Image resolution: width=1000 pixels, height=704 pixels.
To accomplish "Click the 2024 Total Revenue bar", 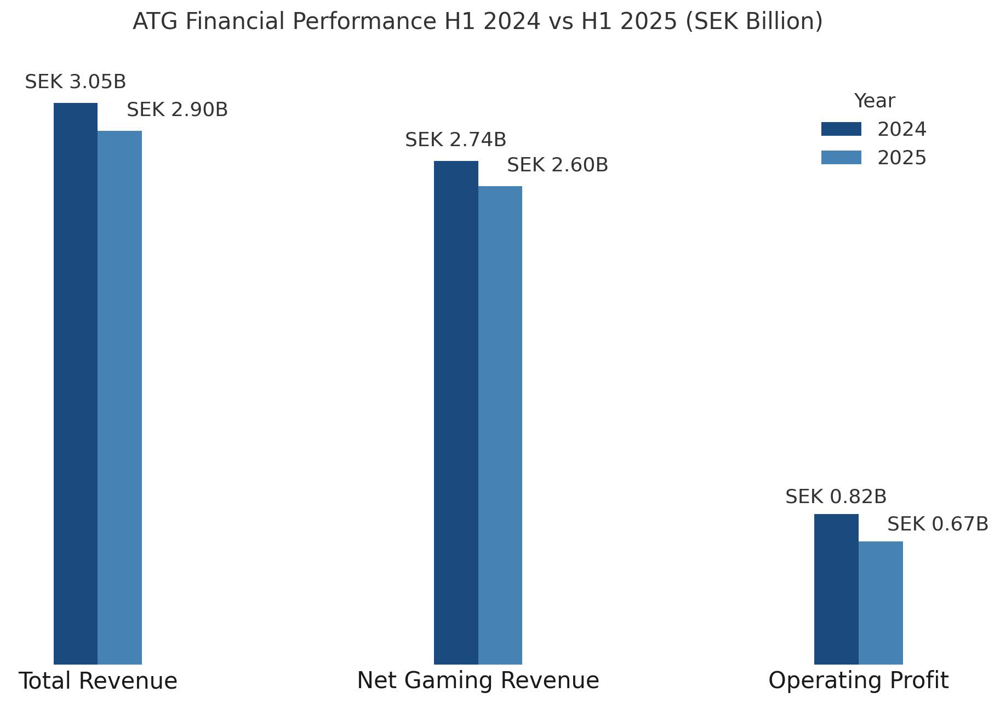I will (x=76, y=383).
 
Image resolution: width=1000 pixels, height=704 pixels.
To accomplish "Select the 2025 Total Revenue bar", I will (x=119, y=397).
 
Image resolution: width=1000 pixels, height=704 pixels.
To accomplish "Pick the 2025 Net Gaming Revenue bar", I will (x=500, y=425).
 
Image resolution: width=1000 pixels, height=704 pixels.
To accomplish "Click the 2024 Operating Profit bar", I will (x=836, y=589).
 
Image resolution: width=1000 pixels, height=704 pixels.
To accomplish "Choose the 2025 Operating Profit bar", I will (x=881, y=603).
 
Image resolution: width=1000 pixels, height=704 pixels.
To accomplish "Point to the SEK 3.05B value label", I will (x=76, y=82).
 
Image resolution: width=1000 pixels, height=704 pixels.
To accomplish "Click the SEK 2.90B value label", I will (x=178, y=110).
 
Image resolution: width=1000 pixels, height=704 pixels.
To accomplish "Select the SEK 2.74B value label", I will (x=456, y=140).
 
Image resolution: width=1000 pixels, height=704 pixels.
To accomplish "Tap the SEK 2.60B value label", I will (x=558, y=165).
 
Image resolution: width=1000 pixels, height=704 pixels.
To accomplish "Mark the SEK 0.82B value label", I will (x=836, y=497).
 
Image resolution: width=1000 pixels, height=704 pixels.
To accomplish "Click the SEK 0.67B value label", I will (x=938, y=524).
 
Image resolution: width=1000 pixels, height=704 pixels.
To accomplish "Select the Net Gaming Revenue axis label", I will (x=478, y=681).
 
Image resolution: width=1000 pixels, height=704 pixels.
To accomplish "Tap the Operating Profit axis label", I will (x=859, y=681).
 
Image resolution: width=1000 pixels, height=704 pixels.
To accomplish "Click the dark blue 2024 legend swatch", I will (x=841, y=129).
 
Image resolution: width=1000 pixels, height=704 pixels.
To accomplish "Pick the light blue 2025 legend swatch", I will (x=841, y=158).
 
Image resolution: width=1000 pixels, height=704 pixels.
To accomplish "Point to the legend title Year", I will (x=875, y=101).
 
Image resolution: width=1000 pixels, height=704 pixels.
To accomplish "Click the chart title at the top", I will (x=478, y=22).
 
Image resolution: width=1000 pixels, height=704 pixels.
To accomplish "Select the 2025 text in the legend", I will (x=902, y=158).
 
